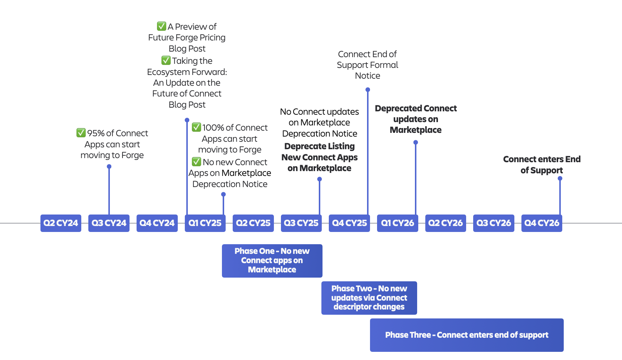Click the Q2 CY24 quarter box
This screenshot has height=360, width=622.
tap(60, 223)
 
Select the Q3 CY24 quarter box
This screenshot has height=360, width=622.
tap(109, 223)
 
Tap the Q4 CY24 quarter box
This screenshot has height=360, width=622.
tap(157, 223)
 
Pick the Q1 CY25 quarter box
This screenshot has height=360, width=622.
tap(205, 223)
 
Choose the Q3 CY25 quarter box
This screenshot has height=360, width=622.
tap(301, 223)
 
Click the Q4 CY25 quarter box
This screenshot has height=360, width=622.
tap(349, 223)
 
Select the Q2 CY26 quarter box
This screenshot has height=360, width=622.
tap(445, 223)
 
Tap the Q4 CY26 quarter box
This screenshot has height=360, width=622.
tap(541, 223)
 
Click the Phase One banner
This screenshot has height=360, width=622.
tap(272, 261)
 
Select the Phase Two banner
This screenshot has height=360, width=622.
tap(369, 298)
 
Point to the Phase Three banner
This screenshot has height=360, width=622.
tap(466, 335)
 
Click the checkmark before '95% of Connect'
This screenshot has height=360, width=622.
tap(81, 133)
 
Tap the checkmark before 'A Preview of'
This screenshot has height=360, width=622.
tap(161, 26)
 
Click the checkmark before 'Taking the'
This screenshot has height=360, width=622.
tap(166, 60)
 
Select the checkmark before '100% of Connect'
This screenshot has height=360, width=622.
tap(196, 127)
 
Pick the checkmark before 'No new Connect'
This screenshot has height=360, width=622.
tap(196, 162)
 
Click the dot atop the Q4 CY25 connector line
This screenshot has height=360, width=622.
tap(368, 90)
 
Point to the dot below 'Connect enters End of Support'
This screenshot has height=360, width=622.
tap(560, 179)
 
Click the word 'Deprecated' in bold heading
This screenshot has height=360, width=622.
tap(398, 108)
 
